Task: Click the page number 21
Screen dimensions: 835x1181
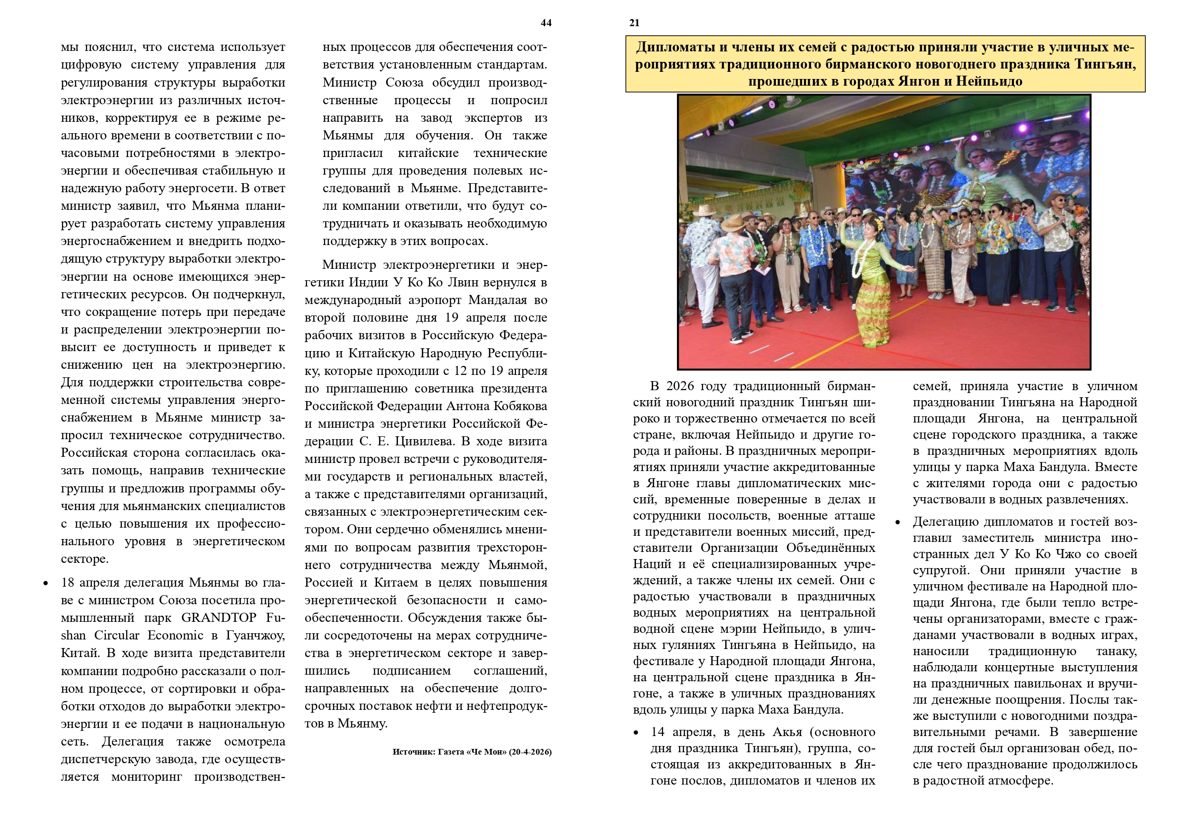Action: [634, 23]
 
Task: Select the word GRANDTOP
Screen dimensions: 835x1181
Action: [218, 618]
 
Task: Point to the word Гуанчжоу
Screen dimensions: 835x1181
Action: [256, 636]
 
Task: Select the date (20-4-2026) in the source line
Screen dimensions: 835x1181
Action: [530, 752]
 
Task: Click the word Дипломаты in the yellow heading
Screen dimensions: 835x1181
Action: [675, 47]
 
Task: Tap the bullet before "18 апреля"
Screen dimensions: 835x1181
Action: [46, 584]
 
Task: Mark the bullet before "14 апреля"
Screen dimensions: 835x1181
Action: [637, 733]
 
